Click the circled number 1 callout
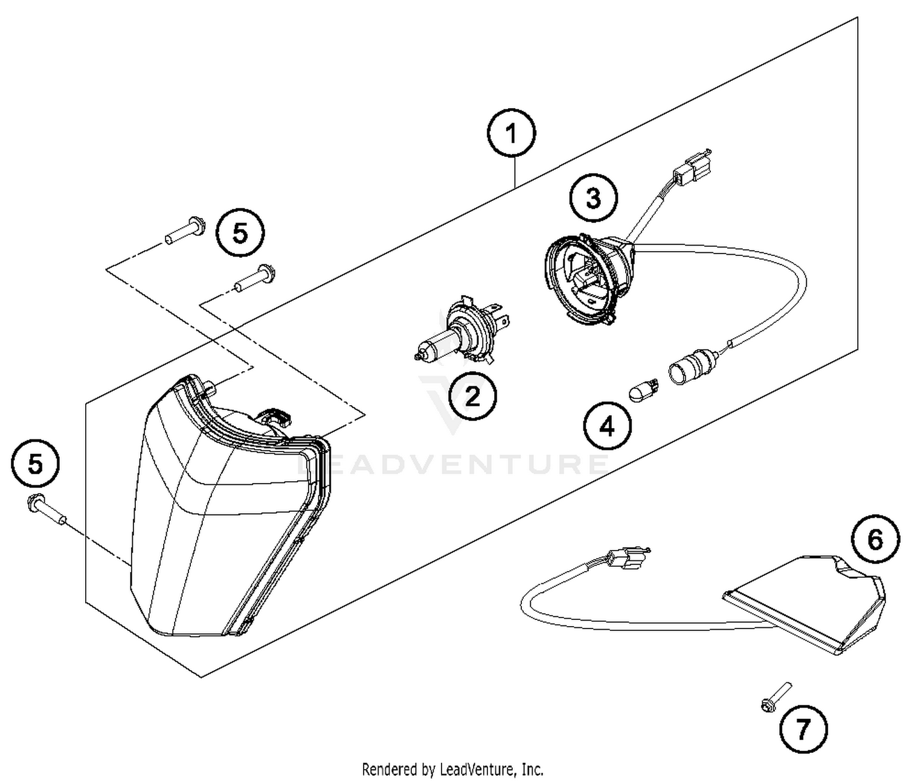(x=512, y=133)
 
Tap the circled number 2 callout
(x=472, y=397)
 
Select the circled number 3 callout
(x=593, y=198)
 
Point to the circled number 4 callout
(x=607, y=426)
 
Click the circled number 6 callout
(x=875, y=540)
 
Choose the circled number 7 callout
(x=803, y=730)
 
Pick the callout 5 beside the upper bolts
(x=240, y=233)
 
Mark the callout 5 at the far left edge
(x=36, y=465)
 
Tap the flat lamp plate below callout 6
(x=803, y=604)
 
